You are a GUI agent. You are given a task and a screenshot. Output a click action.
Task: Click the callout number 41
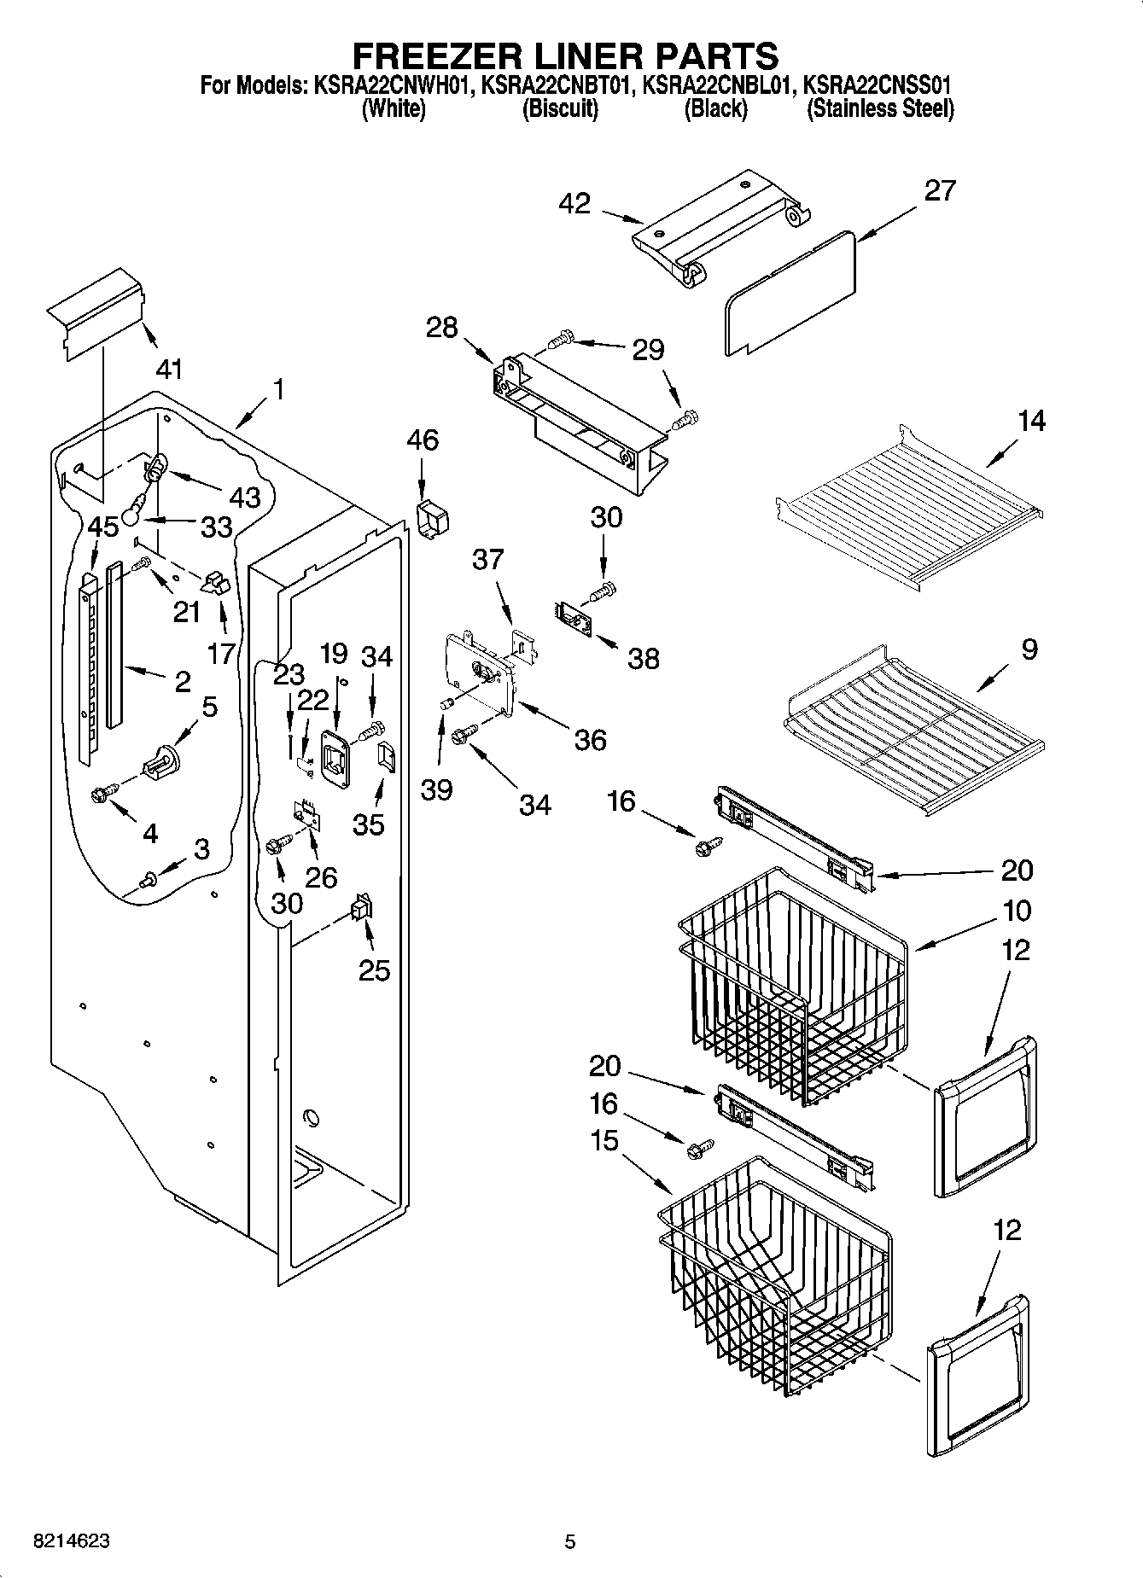[169, 369]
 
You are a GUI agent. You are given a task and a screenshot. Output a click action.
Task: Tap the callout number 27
[939, 189]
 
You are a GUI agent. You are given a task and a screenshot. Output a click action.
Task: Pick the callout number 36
[590, 739]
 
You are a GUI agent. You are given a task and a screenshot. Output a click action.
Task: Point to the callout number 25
[374, 970]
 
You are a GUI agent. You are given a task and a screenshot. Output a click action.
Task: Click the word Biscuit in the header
[560, 109]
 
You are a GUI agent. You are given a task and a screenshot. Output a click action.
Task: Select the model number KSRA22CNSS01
[878, 85]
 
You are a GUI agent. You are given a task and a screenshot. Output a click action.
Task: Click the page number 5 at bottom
[569, 1541]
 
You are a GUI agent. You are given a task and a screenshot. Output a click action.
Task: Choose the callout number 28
[441, 327]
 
